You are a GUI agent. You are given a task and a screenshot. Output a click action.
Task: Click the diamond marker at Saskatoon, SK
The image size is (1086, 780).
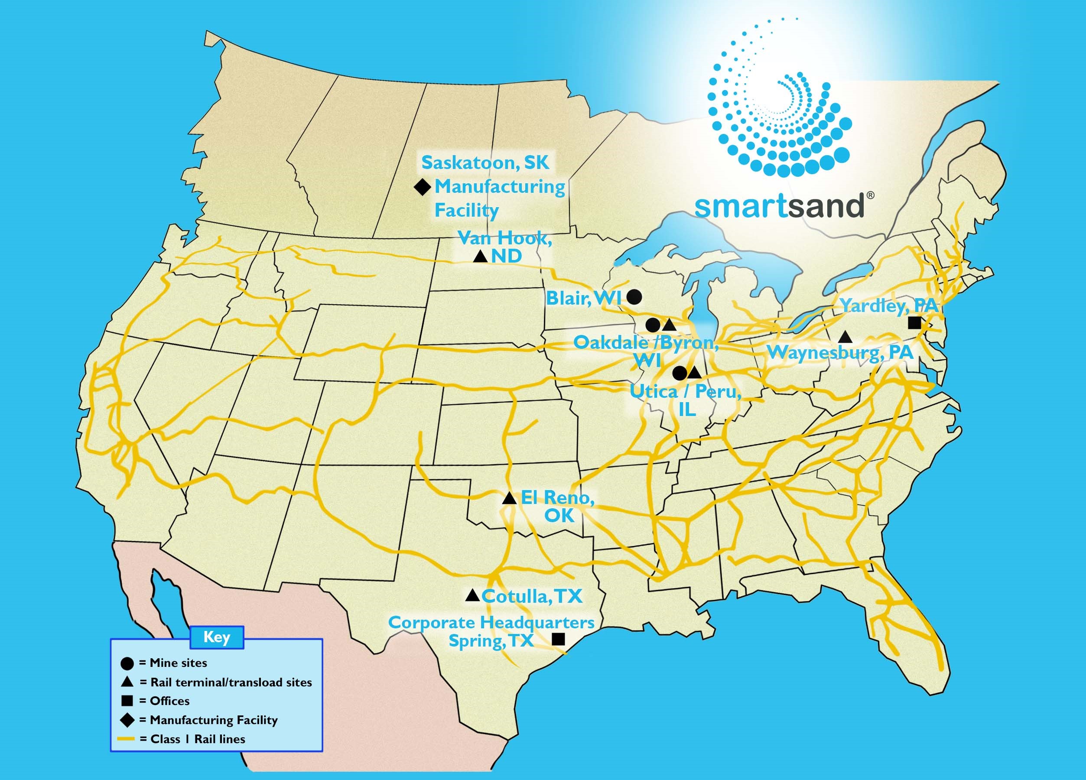423,187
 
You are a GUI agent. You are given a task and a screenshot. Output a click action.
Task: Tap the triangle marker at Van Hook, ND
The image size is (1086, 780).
480,257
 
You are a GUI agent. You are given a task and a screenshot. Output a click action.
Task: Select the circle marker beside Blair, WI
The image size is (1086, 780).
634,297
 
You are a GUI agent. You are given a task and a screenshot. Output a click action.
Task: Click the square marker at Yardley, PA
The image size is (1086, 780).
914,323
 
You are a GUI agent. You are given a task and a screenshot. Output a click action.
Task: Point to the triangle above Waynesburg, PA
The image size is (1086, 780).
845,337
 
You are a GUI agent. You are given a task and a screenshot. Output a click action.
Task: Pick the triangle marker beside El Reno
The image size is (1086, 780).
509,498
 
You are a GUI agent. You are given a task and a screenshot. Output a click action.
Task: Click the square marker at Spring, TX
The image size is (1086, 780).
558,639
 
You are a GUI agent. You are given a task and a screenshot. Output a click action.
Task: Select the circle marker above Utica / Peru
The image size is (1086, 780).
680,373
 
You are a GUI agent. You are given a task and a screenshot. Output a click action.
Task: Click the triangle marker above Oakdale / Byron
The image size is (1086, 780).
669,325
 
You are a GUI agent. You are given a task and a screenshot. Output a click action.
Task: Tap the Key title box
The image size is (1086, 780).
217,637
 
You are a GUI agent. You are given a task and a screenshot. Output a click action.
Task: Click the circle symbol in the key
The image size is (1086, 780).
127,663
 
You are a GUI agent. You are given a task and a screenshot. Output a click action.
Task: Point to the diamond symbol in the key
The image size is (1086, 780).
127,720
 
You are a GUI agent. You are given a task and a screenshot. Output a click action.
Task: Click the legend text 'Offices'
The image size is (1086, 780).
169,701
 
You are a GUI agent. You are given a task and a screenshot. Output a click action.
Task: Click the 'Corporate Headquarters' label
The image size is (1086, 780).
491,622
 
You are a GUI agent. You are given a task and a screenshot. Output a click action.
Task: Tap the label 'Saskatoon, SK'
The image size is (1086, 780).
485,163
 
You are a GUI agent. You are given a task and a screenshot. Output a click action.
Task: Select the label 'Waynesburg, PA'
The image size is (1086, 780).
840,353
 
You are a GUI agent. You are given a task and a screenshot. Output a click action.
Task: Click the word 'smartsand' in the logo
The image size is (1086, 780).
779,206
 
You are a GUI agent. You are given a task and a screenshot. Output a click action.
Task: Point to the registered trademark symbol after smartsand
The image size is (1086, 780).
871,195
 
